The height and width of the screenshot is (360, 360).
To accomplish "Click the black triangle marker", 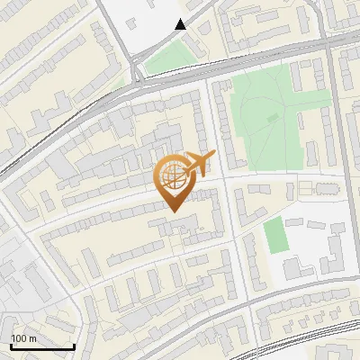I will (181, 25).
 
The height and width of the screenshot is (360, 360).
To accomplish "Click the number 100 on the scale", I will (19, 338).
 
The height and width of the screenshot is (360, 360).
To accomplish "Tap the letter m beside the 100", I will (32, 338).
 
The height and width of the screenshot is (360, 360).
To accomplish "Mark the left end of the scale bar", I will (11, 346).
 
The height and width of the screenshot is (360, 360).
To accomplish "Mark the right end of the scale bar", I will (74, 346).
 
